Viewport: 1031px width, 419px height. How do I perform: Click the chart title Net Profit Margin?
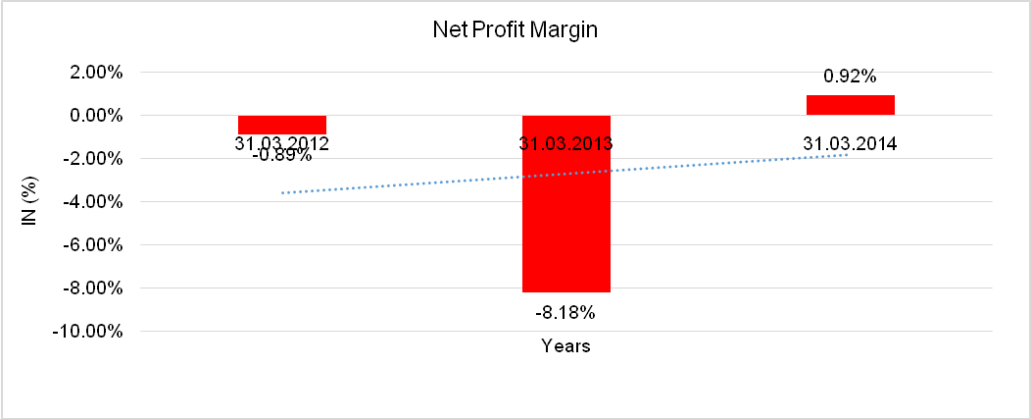pos(515,30)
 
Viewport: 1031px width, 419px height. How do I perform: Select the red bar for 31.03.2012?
pos(282,125)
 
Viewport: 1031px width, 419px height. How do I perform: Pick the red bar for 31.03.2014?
pos(850,105)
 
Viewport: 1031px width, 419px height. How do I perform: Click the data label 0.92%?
pos(850,75)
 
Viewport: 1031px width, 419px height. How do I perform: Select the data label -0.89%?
pos(281,155)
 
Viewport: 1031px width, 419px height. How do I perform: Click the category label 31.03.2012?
pos(281,143)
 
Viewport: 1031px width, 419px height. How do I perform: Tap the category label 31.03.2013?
pos(566,143)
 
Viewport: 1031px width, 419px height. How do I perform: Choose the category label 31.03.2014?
pos(850,143)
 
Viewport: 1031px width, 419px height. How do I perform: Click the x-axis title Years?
pos(566,346)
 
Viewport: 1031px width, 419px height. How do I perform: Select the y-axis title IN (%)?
pos(30,201)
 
